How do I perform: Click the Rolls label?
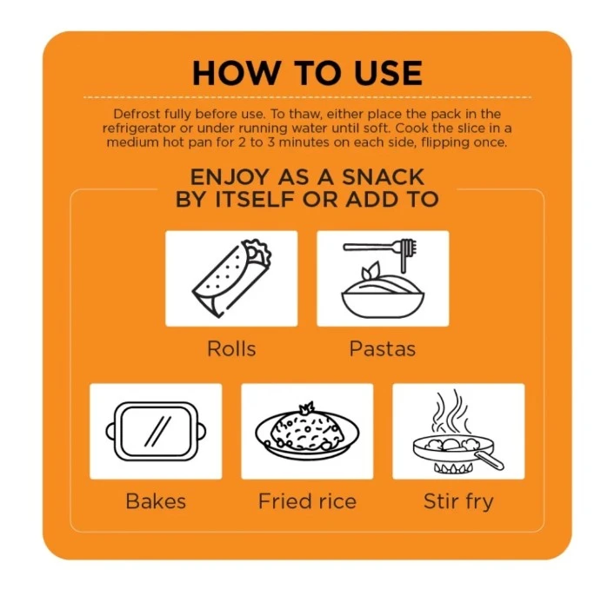tap(231, 348)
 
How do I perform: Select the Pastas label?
tap(382, 348)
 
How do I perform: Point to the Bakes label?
tap(156, 501)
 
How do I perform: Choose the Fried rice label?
tap(307, 501)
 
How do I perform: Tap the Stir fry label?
tap(458, 502)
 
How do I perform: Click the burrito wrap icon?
tap(231, 278)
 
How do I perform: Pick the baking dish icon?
tap(156, 432)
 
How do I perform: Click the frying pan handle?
tap(489, 460)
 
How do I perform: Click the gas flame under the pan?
tap(452, 467)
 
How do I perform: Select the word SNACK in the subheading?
tap(384, 177)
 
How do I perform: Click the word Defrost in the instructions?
tap(137, 114)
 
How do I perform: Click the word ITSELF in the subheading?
tap(255, 199)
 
